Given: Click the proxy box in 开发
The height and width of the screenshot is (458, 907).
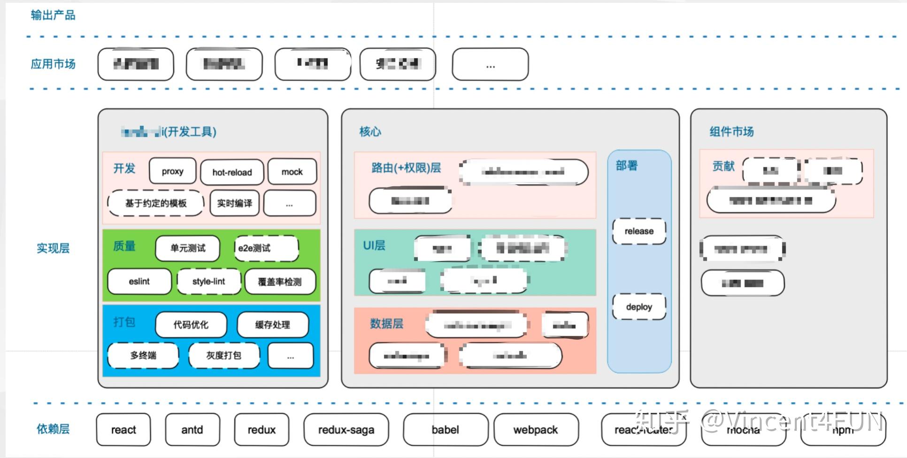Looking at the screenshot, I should click(x=172, y=171).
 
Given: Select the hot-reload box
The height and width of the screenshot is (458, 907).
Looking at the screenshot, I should click(x=232, y=172).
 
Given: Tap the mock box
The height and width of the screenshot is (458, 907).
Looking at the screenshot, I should click(x=292, y=172).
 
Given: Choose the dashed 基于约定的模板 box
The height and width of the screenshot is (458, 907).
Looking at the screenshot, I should click(x=156, y=203).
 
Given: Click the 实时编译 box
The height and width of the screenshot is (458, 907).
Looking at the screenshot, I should click(x=234, y=203).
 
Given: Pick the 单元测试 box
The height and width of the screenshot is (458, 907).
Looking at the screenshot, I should click(x=188, y=248).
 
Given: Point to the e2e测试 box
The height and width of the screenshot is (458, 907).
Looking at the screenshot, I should click(x=266, y=248).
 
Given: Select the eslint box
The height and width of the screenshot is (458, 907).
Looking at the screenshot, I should click(x=139, y=281).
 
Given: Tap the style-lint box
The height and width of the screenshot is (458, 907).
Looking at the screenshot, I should click(x=209, y=281).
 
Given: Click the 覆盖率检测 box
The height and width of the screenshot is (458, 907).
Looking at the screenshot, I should click(x=280, y=282).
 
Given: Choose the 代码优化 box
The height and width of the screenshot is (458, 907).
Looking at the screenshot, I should click(x=191, y=324).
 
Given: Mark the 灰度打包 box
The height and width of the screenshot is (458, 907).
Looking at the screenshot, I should click(x=224, y=355).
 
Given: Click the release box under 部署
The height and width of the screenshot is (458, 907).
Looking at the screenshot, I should click(x=639, y=231).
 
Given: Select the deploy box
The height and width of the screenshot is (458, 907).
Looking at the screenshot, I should click(x=639, y=306).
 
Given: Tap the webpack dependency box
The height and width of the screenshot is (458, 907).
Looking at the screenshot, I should click(x=536, y=429).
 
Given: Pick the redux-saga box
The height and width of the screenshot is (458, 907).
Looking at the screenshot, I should click(x=346, y=429).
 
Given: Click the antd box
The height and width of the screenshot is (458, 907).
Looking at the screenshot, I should click(x=192, y=429).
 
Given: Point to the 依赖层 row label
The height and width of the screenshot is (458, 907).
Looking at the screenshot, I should click(x=53, y=428).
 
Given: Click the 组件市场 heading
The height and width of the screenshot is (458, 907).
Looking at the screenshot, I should click(x=731, y=131).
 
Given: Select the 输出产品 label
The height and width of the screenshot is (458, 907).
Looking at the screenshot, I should click(x=53, y=15).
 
